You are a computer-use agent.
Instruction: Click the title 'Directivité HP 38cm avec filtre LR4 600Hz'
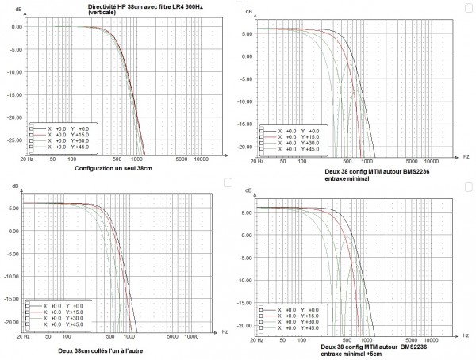click(x=138, y=6)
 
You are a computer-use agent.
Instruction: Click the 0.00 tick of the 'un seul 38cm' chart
click(x=15, y=26)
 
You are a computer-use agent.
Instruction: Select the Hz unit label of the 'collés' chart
click(x=225, y=329)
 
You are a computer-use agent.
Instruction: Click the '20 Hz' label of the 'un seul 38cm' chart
click(x=26, y=159)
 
